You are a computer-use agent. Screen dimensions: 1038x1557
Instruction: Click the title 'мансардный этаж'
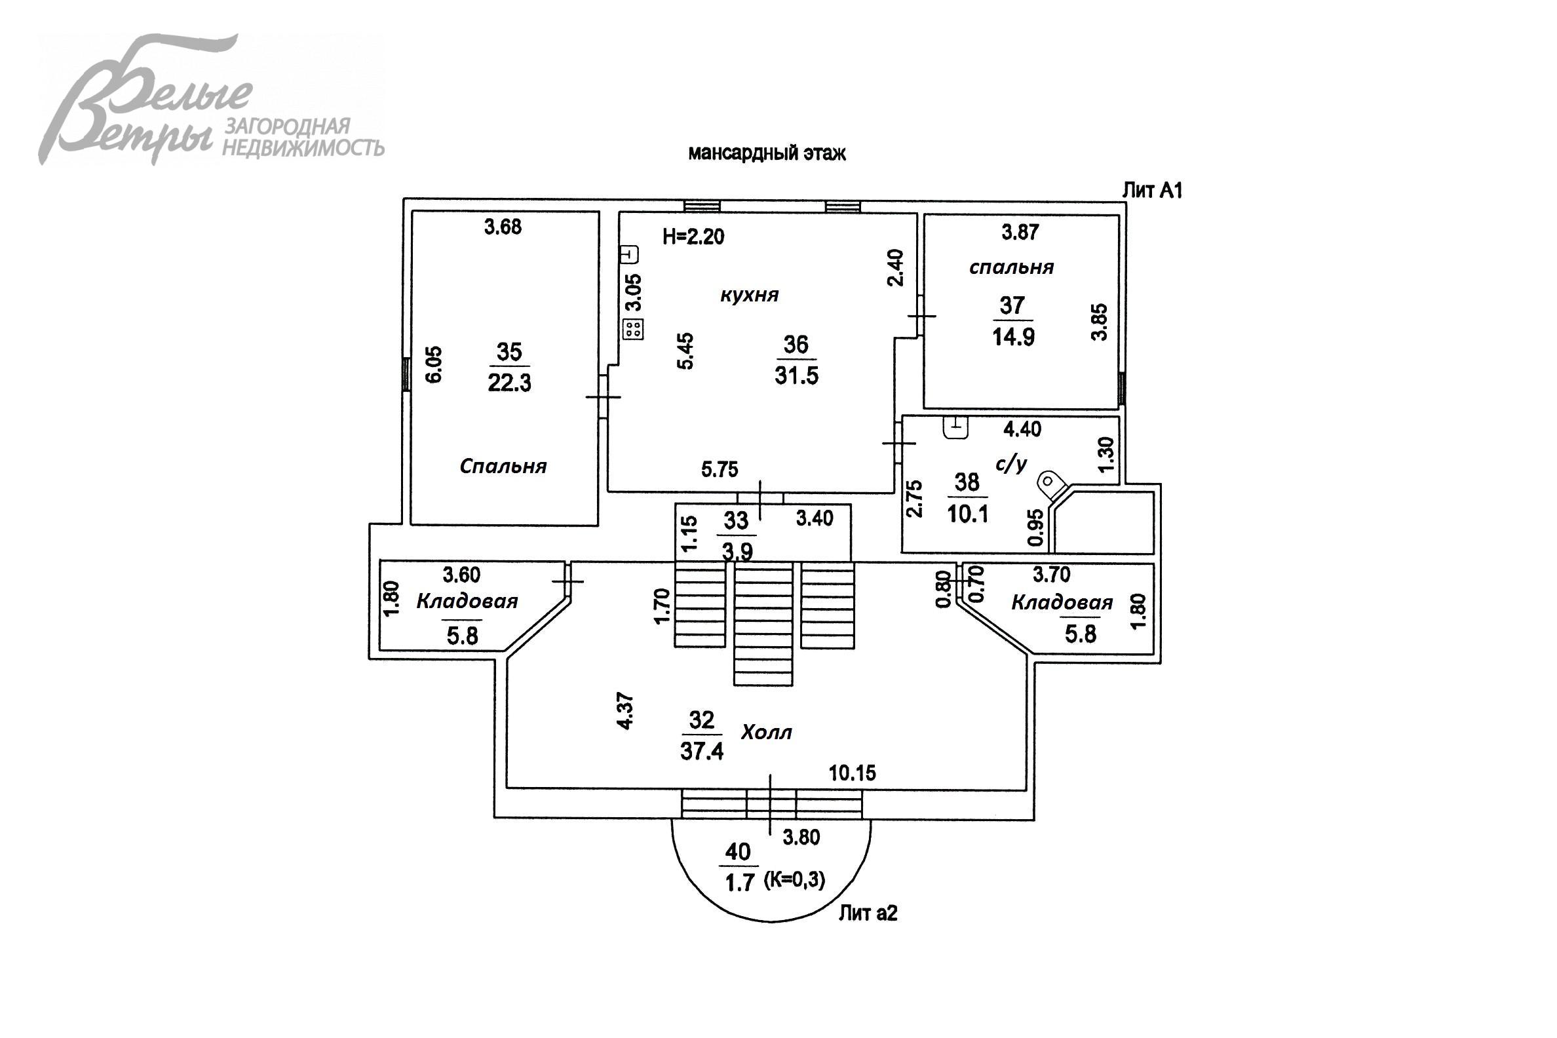click(767, 153)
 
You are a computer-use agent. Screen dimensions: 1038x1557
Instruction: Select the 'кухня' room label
click(750, 295)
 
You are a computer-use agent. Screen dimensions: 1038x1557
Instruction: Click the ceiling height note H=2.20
click(693, 237)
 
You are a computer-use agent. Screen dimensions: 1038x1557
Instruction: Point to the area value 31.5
click(796, 375)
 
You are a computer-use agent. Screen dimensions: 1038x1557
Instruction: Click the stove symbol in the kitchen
click(633, 329)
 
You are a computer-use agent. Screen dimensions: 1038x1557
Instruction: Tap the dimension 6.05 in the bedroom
click(434, 364)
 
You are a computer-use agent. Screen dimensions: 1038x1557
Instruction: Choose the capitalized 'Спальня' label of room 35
click(503, 467)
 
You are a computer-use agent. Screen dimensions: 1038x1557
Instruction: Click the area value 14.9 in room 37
click(1013, 337)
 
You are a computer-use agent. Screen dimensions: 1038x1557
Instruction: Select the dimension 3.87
click(1020, 233)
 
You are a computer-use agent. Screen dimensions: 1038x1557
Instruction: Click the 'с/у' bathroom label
click(1011, 464)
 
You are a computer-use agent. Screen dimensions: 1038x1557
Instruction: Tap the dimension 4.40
click(1022, 430)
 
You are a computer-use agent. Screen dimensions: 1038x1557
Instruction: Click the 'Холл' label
click(766, 733)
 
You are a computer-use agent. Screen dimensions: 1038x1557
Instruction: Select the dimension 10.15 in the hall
click(852, 773)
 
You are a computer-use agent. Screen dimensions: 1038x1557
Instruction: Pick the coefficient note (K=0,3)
click(794, 880)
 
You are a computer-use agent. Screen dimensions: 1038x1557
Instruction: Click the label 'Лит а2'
click(868, 913)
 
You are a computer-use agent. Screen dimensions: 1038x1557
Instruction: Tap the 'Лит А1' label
click(1152, 191)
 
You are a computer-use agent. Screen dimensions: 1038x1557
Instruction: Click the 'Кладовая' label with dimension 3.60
click(467, 601)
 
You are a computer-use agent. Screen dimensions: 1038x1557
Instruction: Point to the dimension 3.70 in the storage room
click(1051, 574)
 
